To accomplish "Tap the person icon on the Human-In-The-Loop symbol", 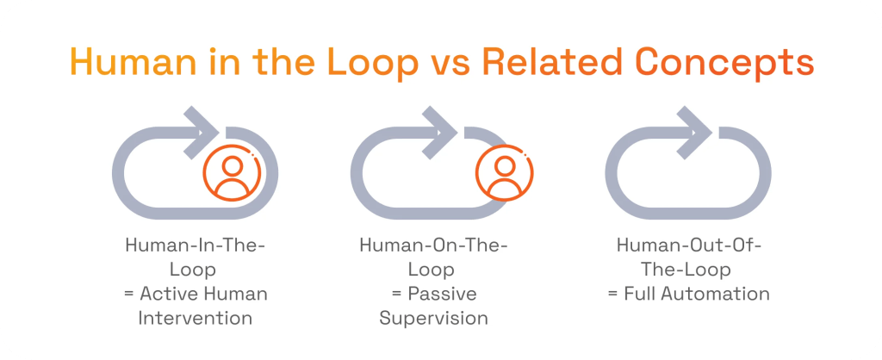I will (x=231, y=172).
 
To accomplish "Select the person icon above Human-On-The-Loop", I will (x=505, y=172).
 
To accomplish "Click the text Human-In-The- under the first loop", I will (x=196, y=245).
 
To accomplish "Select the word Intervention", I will (x=196, y=318).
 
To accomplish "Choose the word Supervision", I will (x=433, y=318).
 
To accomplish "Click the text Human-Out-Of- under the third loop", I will (x=689, y=245).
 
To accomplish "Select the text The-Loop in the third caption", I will (x=689, y=270).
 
